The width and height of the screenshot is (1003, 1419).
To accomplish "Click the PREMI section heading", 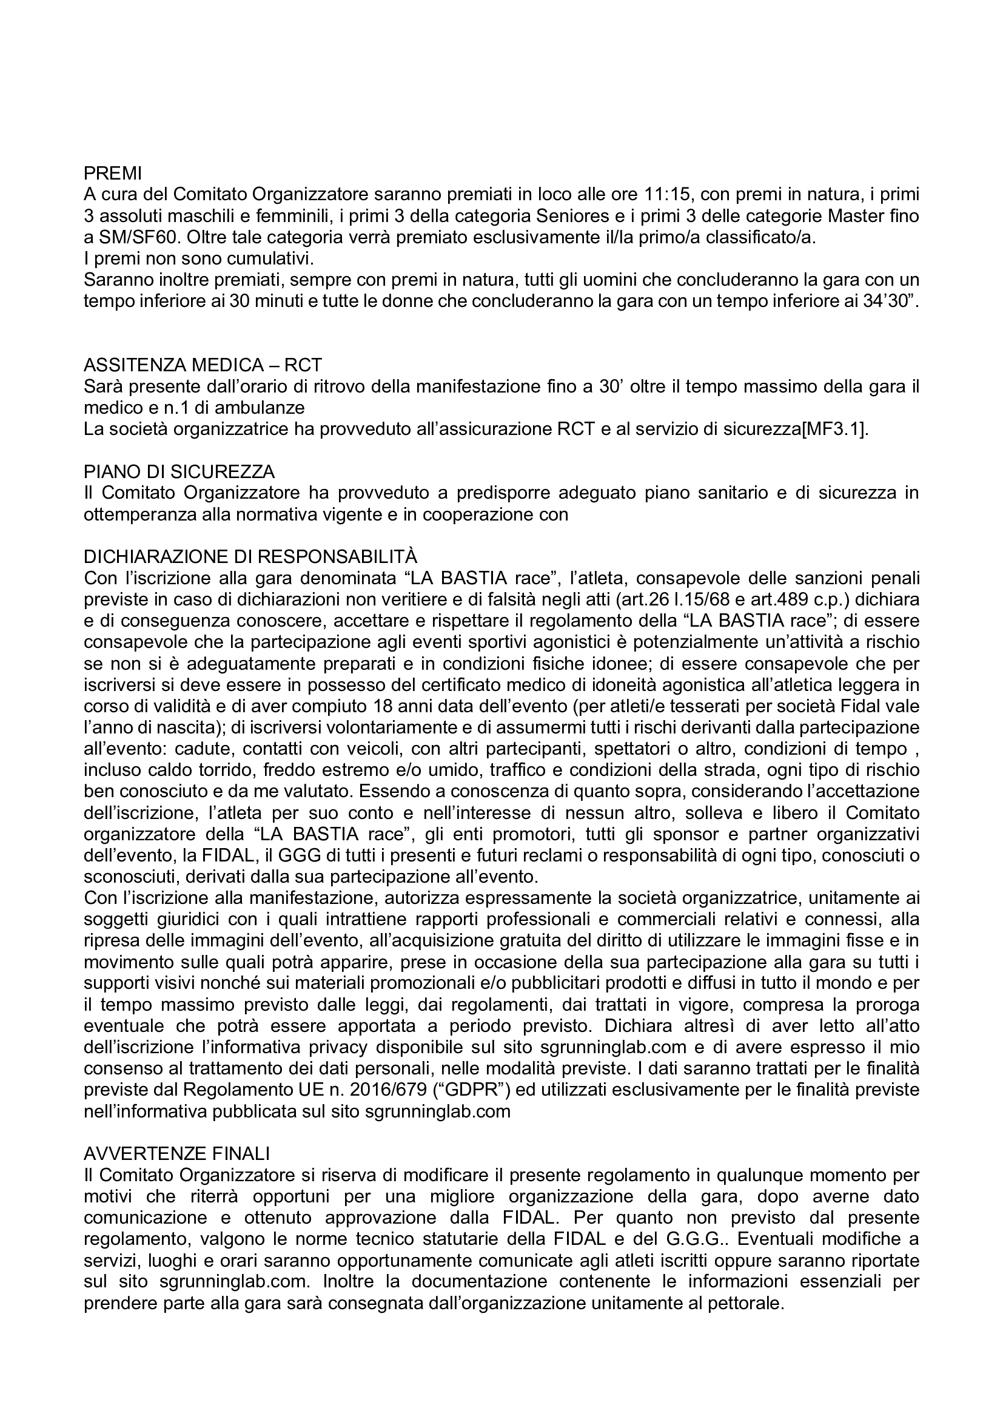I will pyautogui.click(x=112, y=174).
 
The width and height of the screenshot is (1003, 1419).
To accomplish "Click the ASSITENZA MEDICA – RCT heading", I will pyautogui.click(x=203, y=366).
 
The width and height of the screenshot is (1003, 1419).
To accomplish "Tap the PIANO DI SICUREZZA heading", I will pyautogui.click(x=179, y=472).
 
